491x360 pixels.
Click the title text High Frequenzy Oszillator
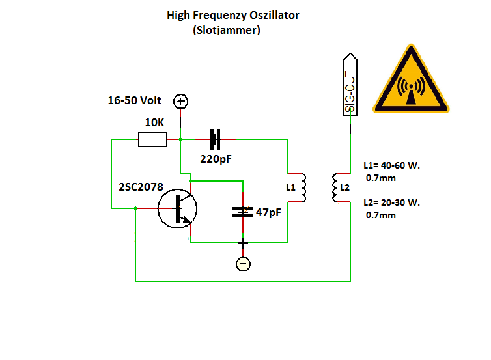(x=233, y=15)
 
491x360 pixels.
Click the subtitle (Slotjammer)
(x=227, y=30)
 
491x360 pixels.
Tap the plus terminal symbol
(x=180, y=101)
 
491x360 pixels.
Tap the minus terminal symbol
(x=243, y=264)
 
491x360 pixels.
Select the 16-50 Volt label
(x=134, y=101)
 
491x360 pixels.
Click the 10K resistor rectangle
(x=152, y=139)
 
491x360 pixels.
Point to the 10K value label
(x=154, y=122)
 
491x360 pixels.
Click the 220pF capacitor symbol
(x=215, y=138)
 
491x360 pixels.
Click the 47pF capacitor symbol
(x=243, y=212)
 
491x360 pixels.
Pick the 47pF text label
(x=268, y=212)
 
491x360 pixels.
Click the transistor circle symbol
(x=178, y=208)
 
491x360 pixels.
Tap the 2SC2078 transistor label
(x=141, y=187)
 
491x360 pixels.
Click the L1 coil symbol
(x=302, y=188)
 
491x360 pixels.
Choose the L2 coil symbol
(x=335, y=188)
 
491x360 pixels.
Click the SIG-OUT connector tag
(x=350, y=85)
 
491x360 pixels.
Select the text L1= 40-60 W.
(x=391, y=165)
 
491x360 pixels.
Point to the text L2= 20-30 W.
(x=391, y=202)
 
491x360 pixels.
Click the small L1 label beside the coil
(x=290, y=187)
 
